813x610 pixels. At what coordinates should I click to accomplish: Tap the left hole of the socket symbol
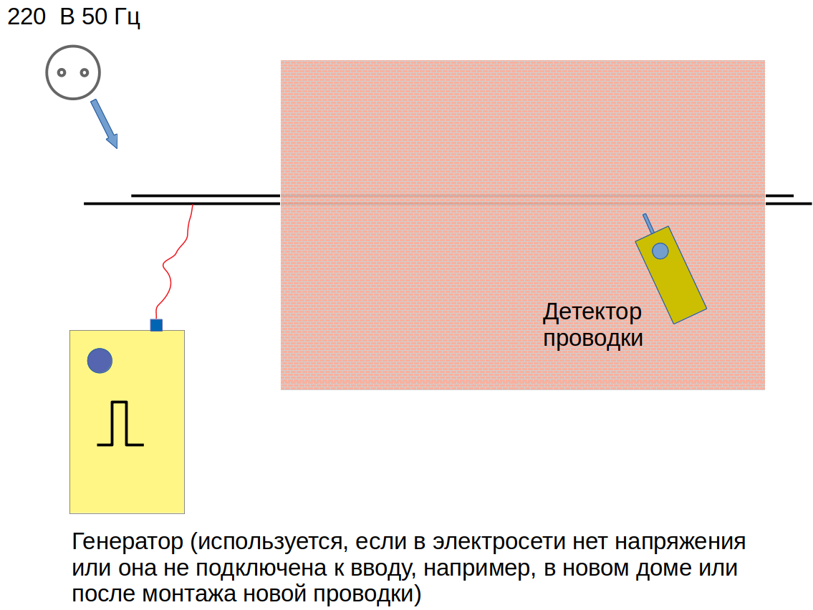pyautogui.click(x=62, y=72)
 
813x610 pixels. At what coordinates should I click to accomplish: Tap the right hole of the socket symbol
pyautogui.click(x=84, y=72)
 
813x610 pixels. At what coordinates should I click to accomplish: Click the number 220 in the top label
pyautogui.click(x=27, y=18)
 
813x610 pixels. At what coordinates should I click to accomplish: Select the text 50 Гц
pyautogui.click(x=111, y=18)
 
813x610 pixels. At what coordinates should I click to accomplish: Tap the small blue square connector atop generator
pyautogui.click(x=156, y=325)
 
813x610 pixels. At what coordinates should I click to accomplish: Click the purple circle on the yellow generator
pyautogui.click(x=100, y=360)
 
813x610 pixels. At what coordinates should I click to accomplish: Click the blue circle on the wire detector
pyautogui.click(x=660, y=251)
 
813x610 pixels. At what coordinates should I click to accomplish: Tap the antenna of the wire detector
pyautogui.click(x=648, y=223)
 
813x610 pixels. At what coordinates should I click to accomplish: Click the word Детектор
pyautogui.click(x=592, y=312)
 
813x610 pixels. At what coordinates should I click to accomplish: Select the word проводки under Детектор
pyautogui.click(x=592, y=337)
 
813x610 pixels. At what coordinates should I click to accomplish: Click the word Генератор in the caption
pyautogui.click(x=128, y=541)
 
